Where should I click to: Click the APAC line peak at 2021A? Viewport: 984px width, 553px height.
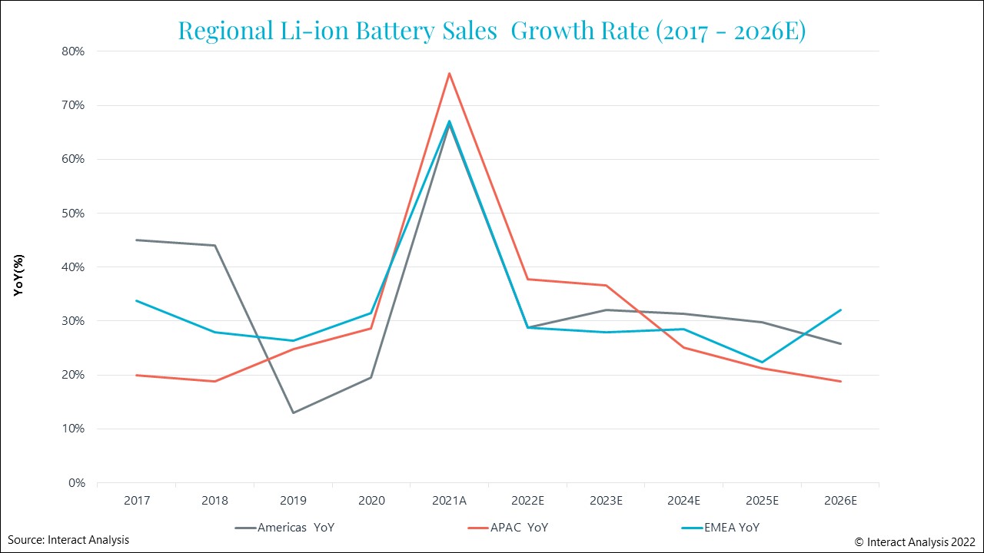[449, 73]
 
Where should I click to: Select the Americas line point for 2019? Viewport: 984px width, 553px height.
[293, 412]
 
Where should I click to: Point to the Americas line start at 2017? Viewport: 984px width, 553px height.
[137, 240]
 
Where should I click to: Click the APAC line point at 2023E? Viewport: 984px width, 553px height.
[606, 286]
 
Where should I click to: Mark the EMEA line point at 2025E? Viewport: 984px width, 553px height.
[761, 362]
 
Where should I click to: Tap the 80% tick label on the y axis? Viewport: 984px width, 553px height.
[73, 51]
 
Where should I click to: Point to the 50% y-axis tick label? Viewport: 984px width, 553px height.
[73, 214]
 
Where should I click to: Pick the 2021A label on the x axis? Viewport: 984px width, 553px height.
[449, 500]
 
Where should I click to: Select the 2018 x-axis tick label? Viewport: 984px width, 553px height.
[214, 500]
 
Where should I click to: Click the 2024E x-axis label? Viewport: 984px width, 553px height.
[683, 500]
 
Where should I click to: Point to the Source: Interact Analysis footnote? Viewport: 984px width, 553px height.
[69, 540]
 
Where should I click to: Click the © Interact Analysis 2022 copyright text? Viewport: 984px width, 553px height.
[915, 541]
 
